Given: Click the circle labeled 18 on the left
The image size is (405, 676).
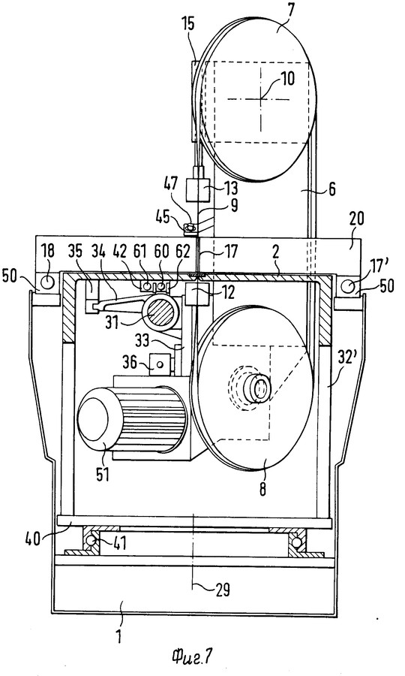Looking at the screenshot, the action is coord(48,282).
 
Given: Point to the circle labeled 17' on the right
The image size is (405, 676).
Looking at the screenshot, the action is coord(347,285).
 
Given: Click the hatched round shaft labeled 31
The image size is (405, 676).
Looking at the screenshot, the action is coord(160,311).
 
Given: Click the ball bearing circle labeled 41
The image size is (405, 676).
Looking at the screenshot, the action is coord(89,540).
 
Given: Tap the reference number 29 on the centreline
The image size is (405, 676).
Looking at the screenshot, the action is coord(222,589).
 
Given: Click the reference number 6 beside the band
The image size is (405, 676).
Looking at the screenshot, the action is coord(331,189).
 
